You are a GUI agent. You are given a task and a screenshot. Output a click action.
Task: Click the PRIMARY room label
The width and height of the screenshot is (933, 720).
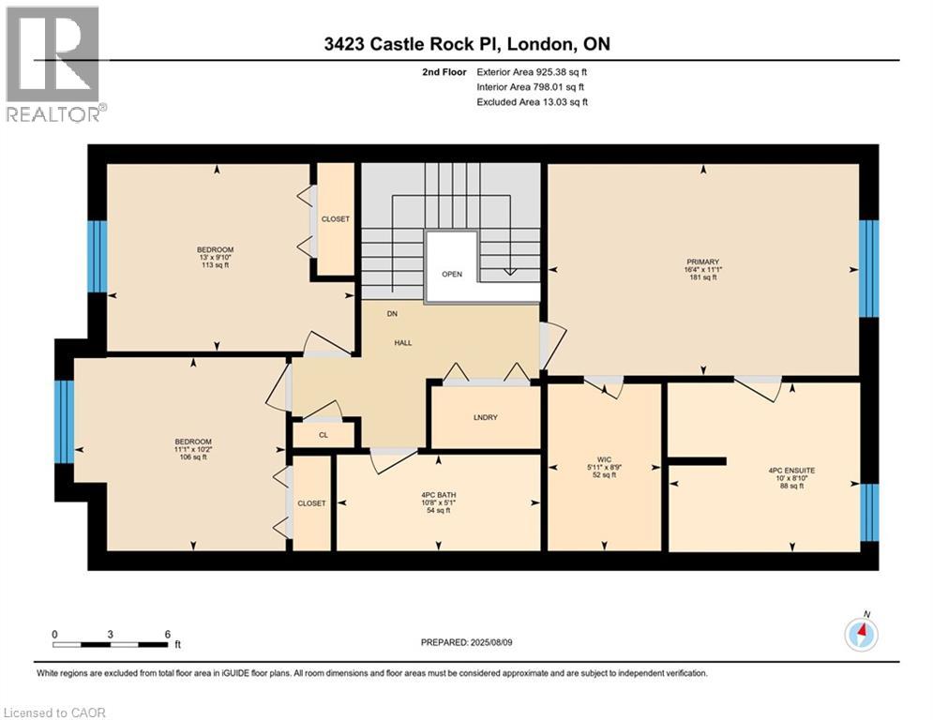[x=702, y=262]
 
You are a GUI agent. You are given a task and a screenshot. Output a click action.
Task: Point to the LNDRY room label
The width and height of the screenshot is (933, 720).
[x=485, y=417]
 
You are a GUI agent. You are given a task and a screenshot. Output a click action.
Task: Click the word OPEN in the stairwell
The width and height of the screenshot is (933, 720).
[x=452, y=275]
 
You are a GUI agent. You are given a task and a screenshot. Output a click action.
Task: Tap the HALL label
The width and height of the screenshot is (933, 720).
[x=402, y=343]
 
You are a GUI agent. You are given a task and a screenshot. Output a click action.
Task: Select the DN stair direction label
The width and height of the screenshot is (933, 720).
[x=393, y=315]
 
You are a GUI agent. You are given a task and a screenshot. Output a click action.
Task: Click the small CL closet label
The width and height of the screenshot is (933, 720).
[x=324, y=435]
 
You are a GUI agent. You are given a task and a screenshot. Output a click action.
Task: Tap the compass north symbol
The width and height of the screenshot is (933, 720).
[x=861, y=634]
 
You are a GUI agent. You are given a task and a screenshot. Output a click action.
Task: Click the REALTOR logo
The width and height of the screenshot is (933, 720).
[x=54, y=64]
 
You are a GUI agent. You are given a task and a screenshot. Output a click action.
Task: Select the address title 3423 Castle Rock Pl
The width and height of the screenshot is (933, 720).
[x=466, y=44]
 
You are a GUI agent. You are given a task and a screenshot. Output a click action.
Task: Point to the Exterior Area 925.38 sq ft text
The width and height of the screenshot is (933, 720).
[x=532, y=71]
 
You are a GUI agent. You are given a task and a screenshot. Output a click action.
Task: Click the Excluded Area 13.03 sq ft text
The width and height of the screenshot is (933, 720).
[x=532, y=102]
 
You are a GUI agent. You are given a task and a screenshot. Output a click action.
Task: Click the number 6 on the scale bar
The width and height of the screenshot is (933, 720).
[x=167, y=634]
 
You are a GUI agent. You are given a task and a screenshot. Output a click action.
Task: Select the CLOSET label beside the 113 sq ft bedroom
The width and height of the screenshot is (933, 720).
[x=335, y=218]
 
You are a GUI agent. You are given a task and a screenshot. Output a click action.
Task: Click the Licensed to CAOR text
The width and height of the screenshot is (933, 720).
[x=54, y=712]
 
